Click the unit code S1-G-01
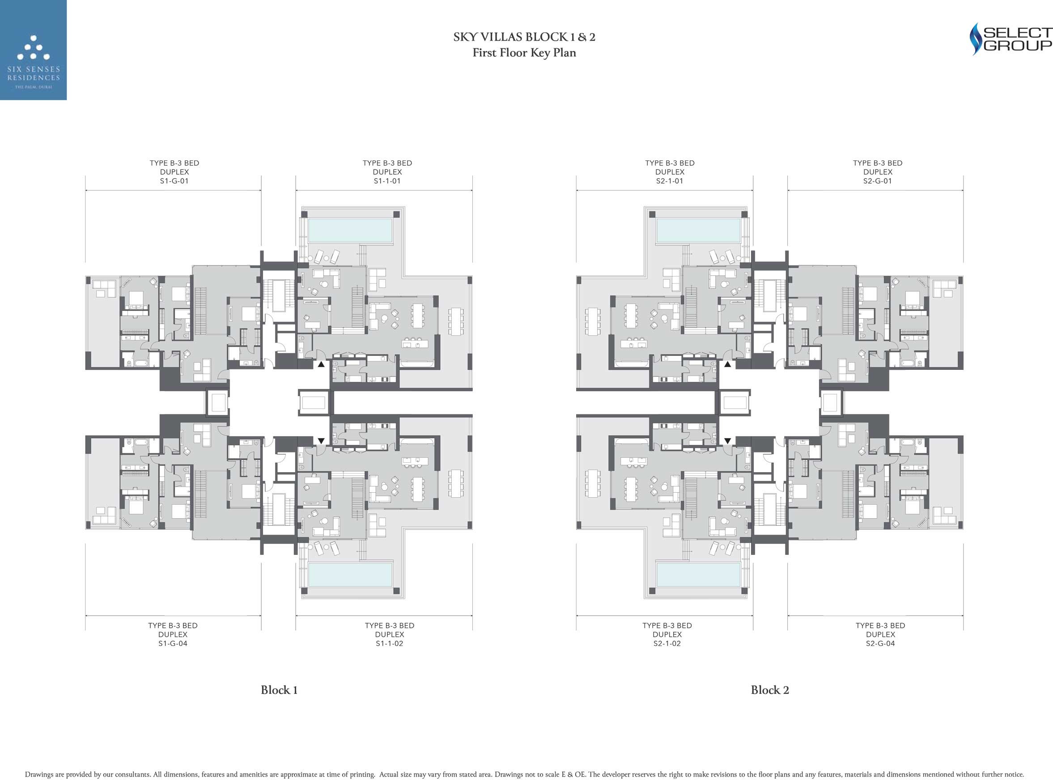tap(174, 181)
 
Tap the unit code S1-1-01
tap(387, 181)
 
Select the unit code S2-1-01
tap(670, 181)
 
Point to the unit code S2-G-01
tap(877, 181)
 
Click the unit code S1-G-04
tap(173, 643)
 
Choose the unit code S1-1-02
tap(389, 643)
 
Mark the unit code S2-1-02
tap(667, 643)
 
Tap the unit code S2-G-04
tap(880, 643)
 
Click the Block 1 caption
tap(279, 690)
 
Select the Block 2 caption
tap(770, 690)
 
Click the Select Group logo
tap(1010, 39)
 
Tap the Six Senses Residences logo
tap(33, 50)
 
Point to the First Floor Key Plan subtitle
tap(524, 53)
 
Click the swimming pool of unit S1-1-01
tap(350, 230)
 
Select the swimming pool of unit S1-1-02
tap(350, 574)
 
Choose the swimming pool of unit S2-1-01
tap(698, 230)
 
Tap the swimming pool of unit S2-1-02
tap(698, 574)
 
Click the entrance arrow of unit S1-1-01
tap(321, 364)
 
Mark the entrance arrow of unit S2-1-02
tap(727, 441)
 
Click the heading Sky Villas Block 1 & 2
tap(524, 37)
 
